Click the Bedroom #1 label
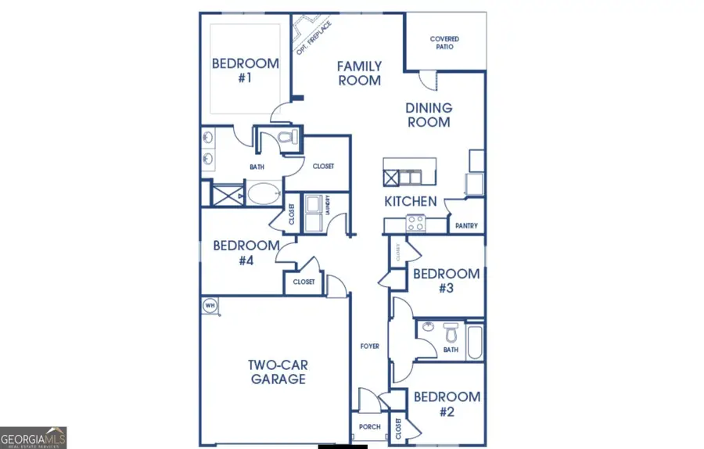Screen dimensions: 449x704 pos(246,70)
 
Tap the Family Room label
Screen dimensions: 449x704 pos(359,74)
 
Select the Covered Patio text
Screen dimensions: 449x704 pos(444,42)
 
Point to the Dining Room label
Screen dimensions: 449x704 pos(428,115)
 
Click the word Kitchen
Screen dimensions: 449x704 pos(410,202)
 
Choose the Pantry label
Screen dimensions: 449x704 pos(466,226)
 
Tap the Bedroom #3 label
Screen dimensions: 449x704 pos(446,281)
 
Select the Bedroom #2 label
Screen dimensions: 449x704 pos(446,403)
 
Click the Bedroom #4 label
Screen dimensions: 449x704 pos(246,253)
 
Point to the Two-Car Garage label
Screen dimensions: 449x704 pos(278,372)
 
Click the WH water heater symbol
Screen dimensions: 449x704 pos(210,305)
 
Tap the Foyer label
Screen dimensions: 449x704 pos(369,346)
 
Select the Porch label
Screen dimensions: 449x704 pos(369,427)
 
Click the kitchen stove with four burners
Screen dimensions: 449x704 pos(415,224)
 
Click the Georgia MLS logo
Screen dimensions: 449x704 pos(34,437)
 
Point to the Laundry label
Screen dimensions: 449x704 pos(326,204)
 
